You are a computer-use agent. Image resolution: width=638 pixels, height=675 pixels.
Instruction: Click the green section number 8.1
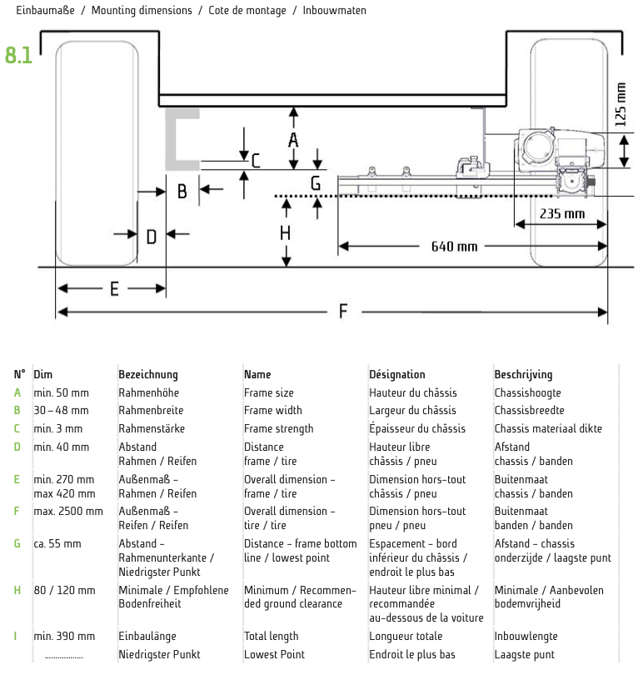coord(18,55)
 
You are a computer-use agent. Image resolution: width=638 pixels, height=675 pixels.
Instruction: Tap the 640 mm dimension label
coord(454,247)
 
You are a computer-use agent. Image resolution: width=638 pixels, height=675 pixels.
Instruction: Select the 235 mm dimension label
coord(562,213)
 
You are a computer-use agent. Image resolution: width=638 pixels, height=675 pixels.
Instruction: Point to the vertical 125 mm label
coord(620,105)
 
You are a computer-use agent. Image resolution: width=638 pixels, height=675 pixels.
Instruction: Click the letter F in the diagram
coord(343,311)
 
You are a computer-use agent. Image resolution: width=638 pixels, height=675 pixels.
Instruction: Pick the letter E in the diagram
coord(114,289)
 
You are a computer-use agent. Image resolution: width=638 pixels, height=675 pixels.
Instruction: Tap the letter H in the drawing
coord(285,233)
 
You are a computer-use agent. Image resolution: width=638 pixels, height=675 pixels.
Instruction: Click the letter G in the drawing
coord(316,183)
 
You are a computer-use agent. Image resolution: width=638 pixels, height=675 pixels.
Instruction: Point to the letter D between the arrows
coord(152,237)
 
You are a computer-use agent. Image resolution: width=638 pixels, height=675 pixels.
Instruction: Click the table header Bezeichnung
coord(148,374)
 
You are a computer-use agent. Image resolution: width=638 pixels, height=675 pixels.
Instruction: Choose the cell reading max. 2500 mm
coord(68,511)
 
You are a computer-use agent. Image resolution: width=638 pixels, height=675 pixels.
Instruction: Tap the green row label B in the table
coord(17,410)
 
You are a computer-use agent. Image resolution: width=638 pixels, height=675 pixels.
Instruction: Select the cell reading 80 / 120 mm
coord(64,590)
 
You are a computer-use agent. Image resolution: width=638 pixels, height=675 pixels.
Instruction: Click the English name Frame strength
coord(279,429)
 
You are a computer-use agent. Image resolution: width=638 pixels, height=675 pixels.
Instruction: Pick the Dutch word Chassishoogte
coord(527,393)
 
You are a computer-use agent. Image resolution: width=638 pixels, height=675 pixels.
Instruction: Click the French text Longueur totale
coord(406,637)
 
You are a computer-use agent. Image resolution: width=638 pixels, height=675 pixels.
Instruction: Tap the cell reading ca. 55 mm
coord(57,543)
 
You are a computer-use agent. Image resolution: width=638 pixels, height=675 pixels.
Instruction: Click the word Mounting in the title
coord(116,10)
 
